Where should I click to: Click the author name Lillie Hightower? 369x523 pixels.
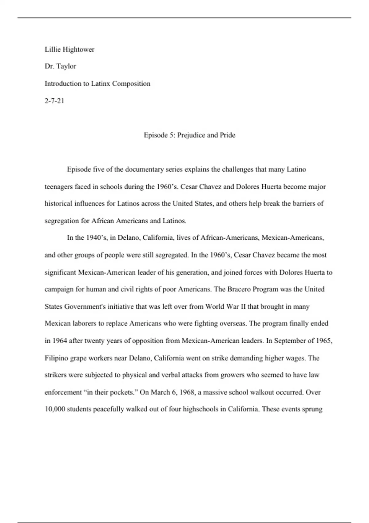(69, 50)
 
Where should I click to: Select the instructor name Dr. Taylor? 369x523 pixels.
(60, 66)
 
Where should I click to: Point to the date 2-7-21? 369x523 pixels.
(54, 101)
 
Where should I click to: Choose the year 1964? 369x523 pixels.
(60, 341)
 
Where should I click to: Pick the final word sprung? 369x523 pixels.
(313, 409)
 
